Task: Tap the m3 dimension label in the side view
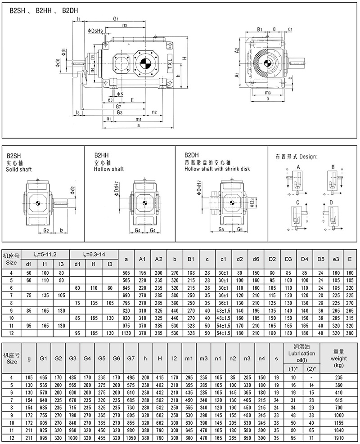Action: [267, 92]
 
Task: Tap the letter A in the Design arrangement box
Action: [298, 167]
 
